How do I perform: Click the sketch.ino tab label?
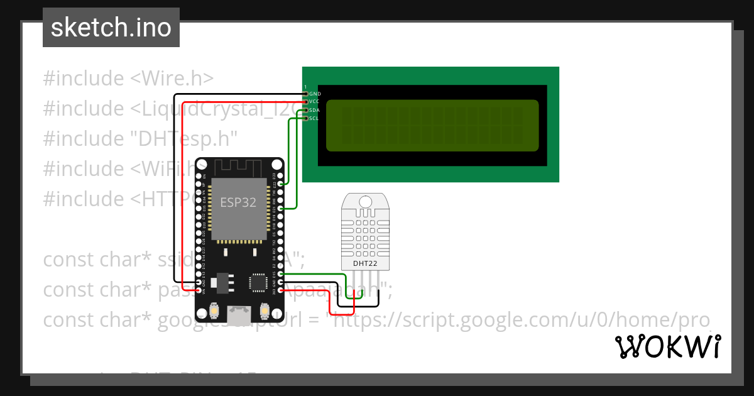[x=111, y=28]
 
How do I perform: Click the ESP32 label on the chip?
[x=239, y=202]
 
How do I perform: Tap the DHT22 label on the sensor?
[x=365, y=263]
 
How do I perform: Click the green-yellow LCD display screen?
[x=432, y=125]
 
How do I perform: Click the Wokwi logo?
[x=667, y=346]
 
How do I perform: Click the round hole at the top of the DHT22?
[x=365, y=201]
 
